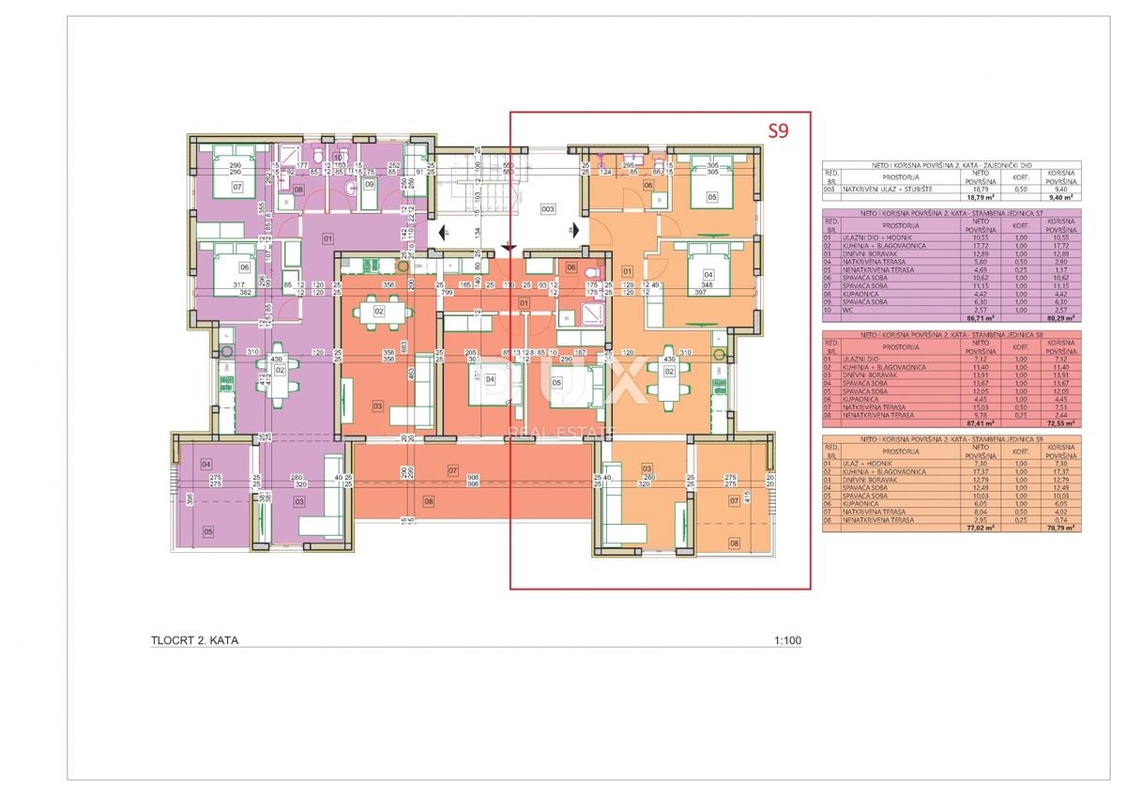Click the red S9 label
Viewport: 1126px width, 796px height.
click(x=778, y=130)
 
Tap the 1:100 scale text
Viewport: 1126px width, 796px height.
click(x=787, y=641)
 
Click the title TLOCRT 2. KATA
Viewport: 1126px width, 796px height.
click(x=194, y=641)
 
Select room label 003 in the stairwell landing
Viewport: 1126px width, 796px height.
click(x=548, y=208)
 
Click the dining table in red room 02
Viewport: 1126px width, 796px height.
click(x=378, y=312)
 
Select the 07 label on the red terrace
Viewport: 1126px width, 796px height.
click(x=452, y=469)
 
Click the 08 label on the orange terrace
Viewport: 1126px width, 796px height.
click(x=735, y=543)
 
